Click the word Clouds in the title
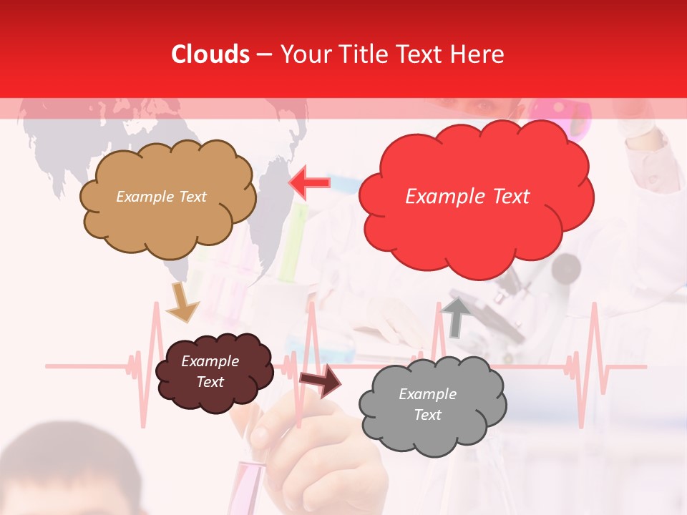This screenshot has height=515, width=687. tap(210, 54)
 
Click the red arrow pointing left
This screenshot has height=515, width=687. tap(310, 182)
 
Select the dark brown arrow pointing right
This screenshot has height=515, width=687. tap(320, 381)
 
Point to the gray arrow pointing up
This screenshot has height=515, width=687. tap(455, 315)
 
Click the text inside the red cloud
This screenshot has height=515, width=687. tap(467, 197)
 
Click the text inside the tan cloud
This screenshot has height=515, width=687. tap(161, 197)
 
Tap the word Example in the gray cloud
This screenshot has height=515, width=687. tap(427, 394)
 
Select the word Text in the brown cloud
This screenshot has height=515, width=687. tap(210, 382)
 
